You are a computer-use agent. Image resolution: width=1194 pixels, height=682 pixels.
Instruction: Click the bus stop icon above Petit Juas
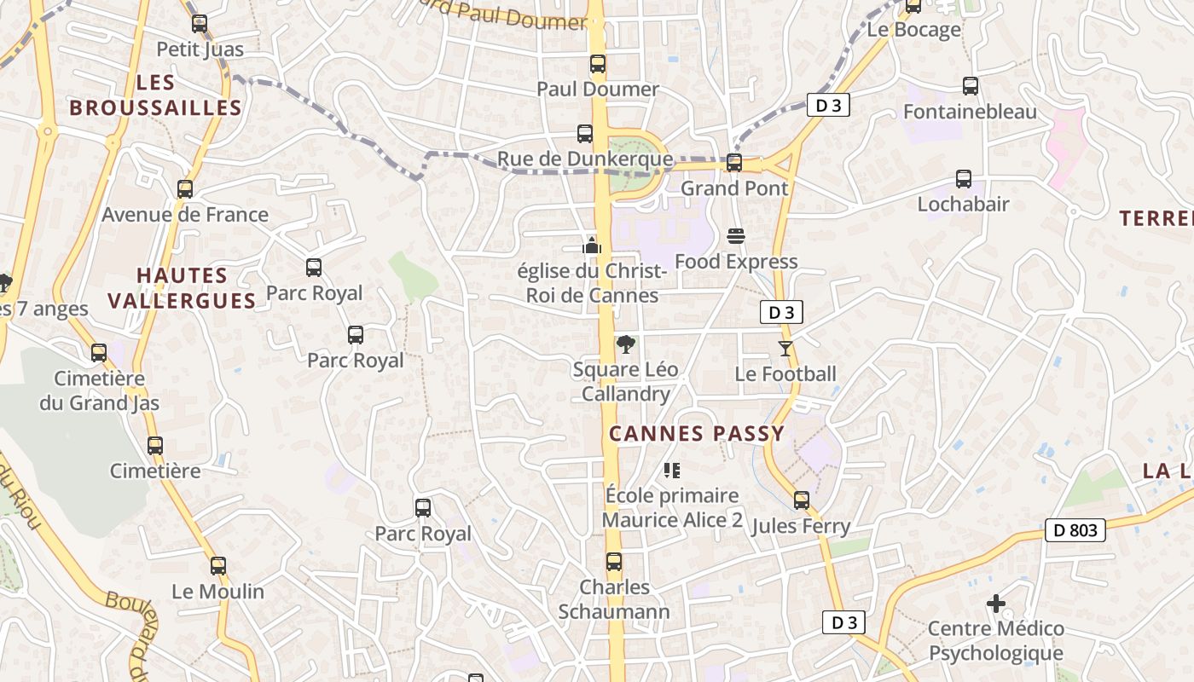pyautogui.click(x=200, y=24)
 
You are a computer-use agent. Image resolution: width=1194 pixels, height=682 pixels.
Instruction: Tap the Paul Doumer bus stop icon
pyautogui.click(x=598, y=64)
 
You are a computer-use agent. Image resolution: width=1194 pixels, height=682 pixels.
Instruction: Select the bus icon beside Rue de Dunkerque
pyautogui.click(x=585, y=134)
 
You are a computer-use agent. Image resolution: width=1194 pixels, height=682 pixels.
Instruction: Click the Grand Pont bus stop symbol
pyautogui.click(x=733, y=163)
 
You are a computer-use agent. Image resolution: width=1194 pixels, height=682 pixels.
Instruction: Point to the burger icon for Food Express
pyautogui.click(x=736, y=236)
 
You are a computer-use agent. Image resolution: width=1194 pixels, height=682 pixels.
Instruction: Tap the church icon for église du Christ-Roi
pyautogui.click(x=592, y=246)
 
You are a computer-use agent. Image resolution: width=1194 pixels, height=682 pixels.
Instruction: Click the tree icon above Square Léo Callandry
pyautogui.click(x=626, y=344)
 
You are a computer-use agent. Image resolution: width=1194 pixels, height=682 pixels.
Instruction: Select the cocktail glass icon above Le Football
pyautogui.click(x=785, y=349)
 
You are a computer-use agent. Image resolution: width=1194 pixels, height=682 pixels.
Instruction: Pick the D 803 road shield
pyautogui.click(x=1075, y=530)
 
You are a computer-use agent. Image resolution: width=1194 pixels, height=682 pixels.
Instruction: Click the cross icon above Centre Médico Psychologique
pyautogui.click(x=995, y=604)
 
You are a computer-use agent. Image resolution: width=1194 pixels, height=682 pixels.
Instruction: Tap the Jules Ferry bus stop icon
pyautogui.click(x=802, y=500)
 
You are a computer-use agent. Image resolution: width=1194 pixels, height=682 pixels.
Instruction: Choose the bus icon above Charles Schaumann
pyautogui.click(x=614, y=562)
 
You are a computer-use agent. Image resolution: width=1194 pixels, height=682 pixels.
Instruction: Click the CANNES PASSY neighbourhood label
pyautogui.click(x=696, y=433)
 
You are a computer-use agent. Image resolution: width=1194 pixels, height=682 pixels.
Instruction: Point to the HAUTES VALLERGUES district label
pyautogui.click(x=195, y=288)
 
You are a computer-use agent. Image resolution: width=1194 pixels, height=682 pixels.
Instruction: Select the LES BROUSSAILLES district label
pyautogui.click(x=155, y=95)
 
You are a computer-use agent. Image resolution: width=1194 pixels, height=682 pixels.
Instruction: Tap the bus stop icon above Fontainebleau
pyautogui.click(x=971, y=86)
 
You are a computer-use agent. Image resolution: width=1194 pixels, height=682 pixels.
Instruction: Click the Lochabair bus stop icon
pyautogui.click(x=964, y=179)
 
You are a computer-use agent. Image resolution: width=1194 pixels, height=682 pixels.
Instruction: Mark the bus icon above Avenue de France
pyautogui.click(x=185, y=189)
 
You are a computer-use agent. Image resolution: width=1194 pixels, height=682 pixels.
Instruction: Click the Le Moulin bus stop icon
pyautogui.click(x=218, y=565)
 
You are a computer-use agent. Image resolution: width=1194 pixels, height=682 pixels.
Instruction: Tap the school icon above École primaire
pyautogui.click(x=672, y=470)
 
